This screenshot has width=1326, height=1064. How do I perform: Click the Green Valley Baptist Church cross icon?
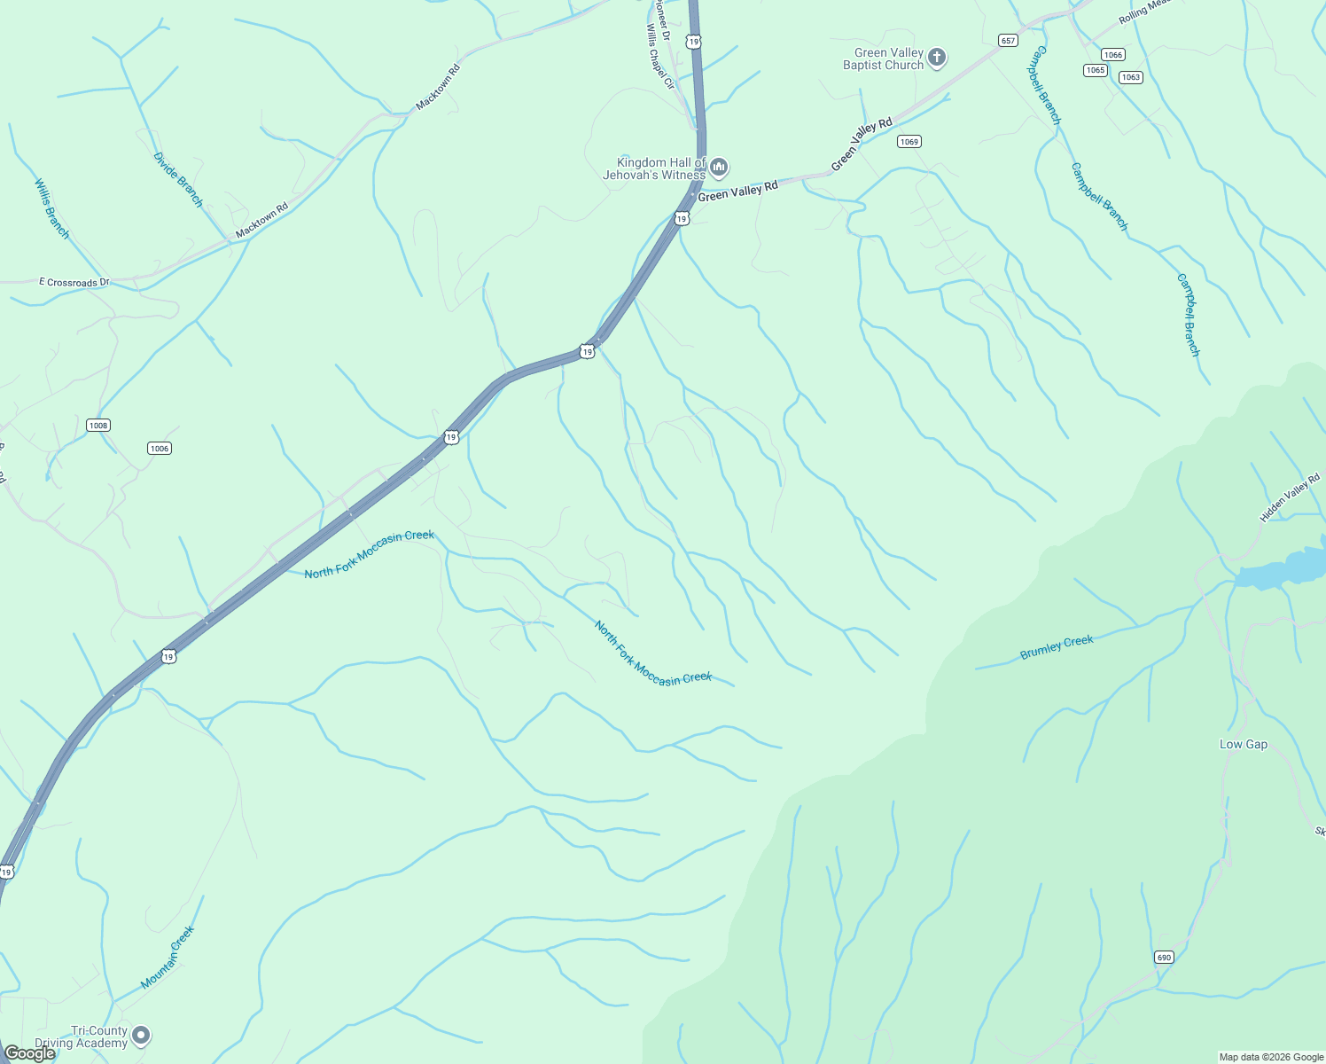click(x=937, y=59)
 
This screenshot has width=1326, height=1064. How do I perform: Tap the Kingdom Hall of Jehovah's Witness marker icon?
click(x=719, y=167)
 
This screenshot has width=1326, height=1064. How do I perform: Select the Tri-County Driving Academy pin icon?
click(x=140, y=1036)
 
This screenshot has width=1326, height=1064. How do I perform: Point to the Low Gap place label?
click(x=1244, y=744)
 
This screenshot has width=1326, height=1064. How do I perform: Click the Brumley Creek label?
click(x=1057, y=647)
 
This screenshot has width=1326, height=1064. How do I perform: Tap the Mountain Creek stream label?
click(x=168, y=958)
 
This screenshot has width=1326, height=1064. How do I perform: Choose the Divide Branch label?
click(x=178, y=180)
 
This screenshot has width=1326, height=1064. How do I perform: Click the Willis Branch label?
click(x=51, y=208)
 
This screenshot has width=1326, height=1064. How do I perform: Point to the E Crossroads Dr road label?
click(x=74, y=282)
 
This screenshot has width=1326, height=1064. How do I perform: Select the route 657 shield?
click(x=1008, y=41)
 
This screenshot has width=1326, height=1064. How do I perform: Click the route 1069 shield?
click(x=909, y=142)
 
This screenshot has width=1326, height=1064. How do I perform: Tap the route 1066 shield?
click(x=1113, y=55)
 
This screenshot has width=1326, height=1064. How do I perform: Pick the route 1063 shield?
click(x=1130, y=77)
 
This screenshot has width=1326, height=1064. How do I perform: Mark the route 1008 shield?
click(x=97, y=426)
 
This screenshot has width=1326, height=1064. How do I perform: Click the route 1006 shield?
click(x=160, y=449)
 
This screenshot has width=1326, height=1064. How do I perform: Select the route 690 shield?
click(x=1164, y=958)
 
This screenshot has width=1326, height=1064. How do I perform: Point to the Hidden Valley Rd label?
click(x=1290, y=497)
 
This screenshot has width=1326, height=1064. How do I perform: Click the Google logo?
click(x=30, y=1053)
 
